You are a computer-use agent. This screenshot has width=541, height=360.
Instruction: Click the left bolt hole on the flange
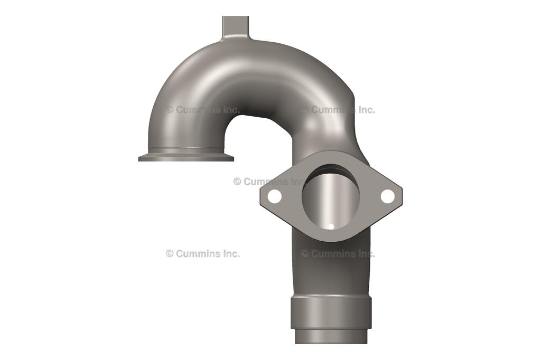[274, 196]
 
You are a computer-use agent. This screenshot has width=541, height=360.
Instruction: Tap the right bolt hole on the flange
[387, 196]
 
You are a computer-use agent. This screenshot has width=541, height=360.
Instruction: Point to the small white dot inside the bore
[331, 227]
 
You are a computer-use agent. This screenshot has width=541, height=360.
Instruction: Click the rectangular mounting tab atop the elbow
[235, 26]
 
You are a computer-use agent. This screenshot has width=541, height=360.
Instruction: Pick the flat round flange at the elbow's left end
[185, 157]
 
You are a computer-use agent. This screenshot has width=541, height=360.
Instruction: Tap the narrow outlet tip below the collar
[331, 336]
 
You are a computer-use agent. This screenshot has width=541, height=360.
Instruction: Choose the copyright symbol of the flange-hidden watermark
[237, 182]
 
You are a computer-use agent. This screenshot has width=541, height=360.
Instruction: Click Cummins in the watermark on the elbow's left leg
[199, 110]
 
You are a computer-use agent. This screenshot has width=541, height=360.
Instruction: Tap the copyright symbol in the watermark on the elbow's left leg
[170, 110]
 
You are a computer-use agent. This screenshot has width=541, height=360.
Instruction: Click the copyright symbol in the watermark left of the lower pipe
[170, 253]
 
